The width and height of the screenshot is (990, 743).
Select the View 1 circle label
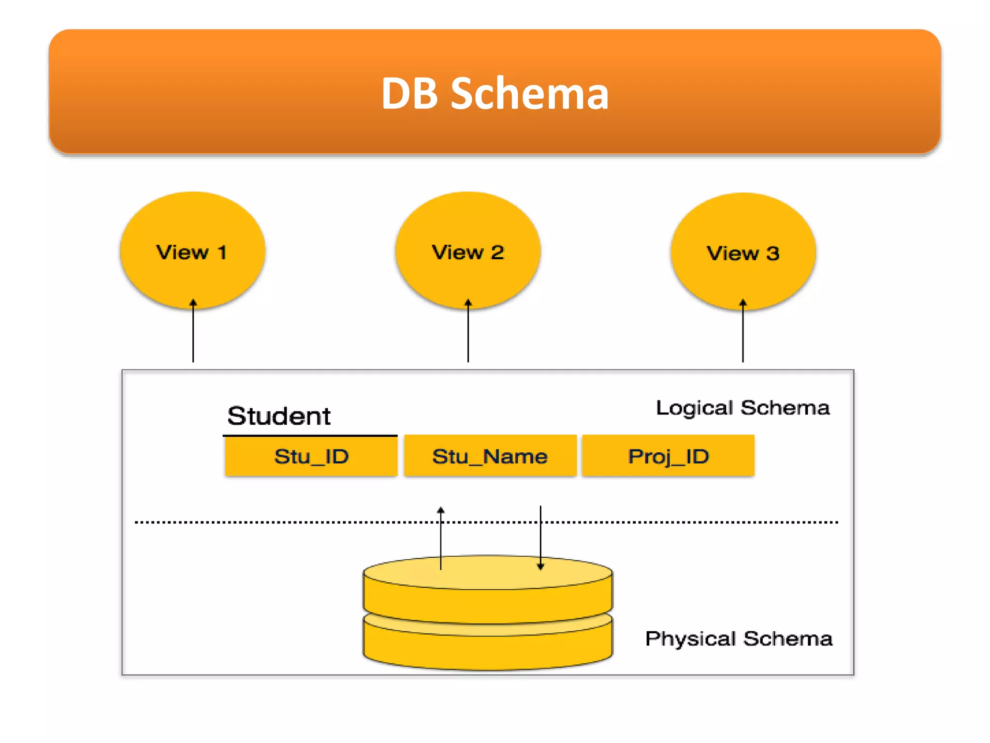(x=191, y=253)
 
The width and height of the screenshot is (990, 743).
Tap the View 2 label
(x=467, y=253)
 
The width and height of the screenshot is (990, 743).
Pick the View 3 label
(x=743, y=253)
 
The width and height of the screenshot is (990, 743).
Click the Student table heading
(x=279, y=416)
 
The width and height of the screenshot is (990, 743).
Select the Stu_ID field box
(x=311, y=456)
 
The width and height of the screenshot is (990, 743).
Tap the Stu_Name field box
(x=490, y=456)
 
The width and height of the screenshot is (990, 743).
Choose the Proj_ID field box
(x=668, y=456)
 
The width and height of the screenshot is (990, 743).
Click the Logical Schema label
(x=742, y=408)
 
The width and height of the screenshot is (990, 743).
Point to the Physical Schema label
(x=739, y=639)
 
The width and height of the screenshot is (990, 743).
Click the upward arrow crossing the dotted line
(x=441, y=537)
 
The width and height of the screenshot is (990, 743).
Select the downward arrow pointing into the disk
(x=540, y=537)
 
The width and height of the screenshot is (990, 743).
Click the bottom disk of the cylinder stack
(x=488, y=651)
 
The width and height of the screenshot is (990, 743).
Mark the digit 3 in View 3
(x=772, y=253)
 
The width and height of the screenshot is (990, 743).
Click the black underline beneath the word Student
(x=310, y=436)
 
